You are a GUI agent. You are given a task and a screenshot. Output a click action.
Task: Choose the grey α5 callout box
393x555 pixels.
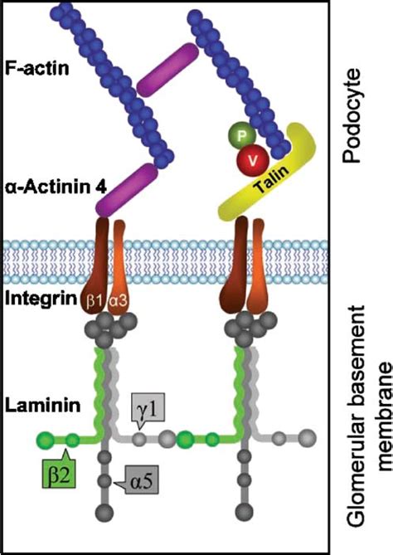(143, 479)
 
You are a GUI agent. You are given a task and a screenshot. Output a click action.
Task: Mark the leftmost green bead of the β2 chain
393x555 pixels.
(47, 439)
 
